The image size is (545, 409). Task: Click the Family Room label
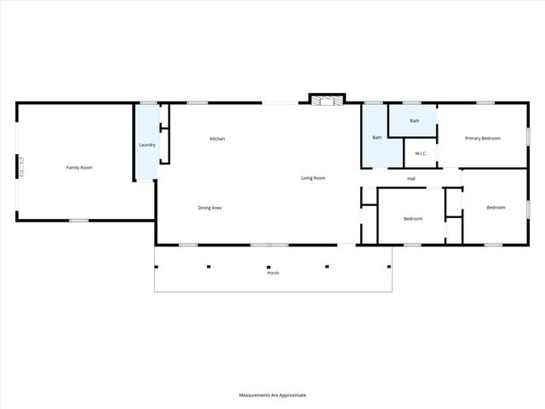click(79, 168)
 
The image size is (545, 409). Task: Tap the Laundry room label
click(146, 145)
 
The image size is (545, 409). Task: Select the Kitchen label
click(217, 139)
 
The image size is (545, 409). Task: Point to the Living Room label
click(313, 178)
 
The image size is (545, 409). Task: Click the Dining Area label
click(209, 208)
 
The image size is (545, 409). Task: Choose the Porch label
click(272, 273)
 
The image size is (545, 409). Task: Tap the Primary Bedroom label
click(482, 138)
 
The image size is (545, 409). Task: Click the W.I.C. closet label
click(421, 153)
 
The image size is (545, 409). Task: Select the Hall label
click(411, 179)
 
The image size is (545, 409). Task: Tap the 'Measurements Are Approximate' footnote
click(272, 395)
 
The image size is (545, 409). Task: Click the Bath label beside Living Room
click(376, 138)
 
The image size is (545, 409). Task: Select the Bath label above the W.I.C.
click(414, 121)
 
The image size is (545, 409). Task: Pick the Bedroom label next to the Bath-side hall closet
click(413, 219)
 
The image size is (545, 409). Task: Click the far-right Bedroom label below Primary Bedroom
click(496, 208)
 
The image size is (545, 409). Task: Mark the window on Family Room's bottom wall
click(78, 221)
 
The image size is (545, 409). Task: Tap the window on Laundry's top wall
click(148, 103)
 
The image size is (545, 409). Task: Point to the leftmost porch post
click(156, 267)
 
